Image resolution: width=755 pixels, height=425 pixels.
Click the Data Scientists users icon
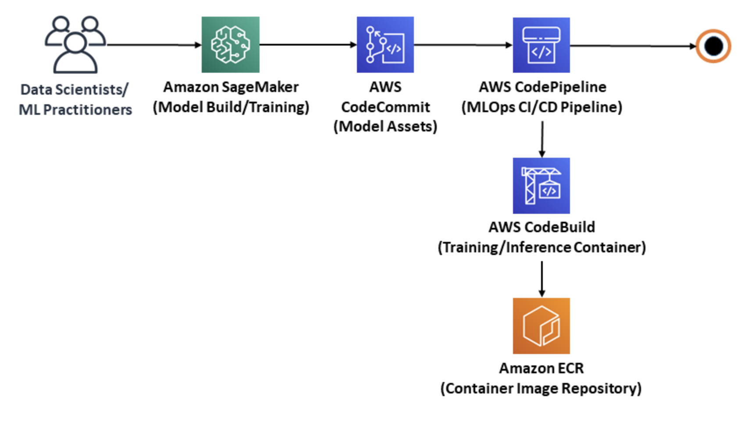(x=75, y=45)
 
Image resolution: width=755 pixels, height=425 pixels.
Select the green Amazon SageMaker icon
(x=231, y=45)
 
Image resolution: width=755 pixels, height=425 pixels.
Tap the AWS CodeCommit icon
(x=385, y=45)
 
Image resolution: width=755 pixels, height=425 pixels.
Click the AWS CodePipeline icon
(x=541, y=45)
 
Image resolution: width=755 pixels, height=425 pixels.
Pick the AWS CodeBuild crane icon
(x=541, y=186)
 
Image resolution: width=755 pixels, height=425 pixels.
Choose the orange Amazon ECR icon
(x=541, y=326)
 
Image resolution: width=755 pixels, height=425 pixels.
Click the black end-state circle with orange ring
(x=713, y=46)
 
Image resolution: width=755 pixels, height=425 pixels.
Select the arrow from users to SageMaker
(x=153, y=45)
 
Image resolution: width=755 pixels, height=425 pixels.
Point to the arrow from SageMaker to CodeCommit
(x=307, y=44)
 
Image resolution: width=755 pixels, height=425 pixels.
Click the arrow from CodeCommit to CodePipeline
(x=463, y=45)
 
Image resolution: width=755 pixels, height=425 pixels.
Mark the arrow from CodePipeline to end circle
(x=631, y=46)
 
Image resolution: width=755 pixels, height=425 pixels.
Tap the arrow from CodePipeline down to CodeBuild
(x=542, y=139)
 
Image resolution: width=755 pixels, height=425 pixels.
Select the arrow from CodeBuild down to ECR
(x=542, y=279)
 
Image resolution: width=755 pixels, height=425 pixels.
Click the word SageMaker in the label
(x=260, y=87)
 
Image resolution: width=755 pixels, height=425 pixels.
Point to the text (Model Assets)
(x=385, y=127)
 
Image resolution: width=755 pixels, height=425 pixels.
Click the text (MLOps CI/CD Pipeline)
(x=541, y=107)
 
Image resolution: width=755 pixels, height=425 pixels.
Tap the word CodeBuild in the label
(x=560, y=227)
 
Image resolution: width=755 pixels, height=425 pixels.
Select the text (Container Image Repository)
(x=541, y=389)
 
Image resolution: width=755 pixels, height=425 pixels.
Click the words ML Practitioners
(x=75, y=110)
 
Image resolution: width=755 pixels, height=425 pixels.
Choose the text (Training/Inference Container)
(x=541, y=248)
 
